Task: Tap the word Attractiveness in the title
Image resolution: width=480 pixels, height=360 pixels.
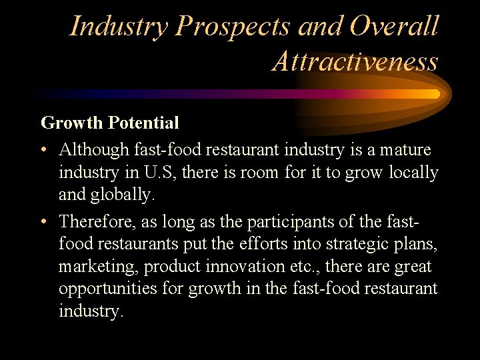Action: pyautogui.click(x=355, y=61)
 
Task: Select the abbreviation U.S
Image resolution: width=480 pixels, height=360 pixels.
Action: pyautogui.click(x=159, y=173)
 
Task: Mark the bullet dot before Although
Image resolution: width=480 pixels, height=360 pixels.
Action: pyautogui.click(x=45, y=150)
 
